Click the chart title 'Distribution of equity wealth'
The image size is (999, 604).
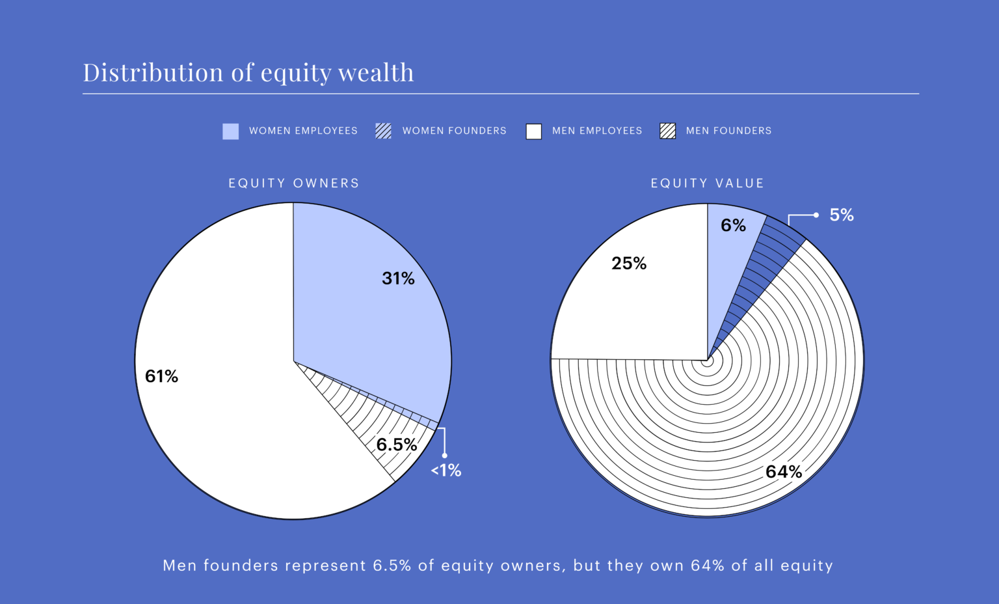(x=248, y=72)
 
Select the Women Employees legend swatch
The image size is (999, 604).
(x=230, y=131)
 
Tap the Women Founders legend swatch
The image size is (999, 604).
(x=383, y=131)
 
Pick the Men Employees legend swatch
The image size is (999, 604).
(x=533, y=131)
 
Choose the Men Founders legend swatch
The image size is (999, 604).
(x=667, y=131)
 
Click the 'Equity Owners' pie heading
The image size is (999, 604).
(x=294, y=184)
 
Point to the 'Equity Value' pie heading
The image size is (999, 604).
(x=708, y=184)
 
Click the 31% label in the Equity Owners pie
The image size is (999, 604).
(x=398, y=279)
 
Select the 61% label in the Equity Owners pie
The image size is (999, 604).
(x=161, y=376)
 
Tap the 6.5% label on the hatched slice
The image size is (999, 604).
(x=396, y=445)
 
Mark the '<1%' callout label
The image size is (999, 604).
(x=446, y=471)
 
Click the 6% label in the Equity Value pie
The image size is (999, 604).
(x=733, y=225)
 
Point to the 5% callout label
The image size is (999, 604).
(x=842, y=215)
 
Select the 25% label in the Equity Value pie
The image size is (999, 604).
(x=629, y=264)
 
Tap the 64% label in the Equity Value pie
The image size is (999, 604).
(x=784, y=472)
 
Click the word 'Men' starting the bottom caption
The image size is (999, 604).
(x=180, y=566)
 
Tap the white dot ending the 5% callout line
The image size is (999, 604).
(x=816, y=215)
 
